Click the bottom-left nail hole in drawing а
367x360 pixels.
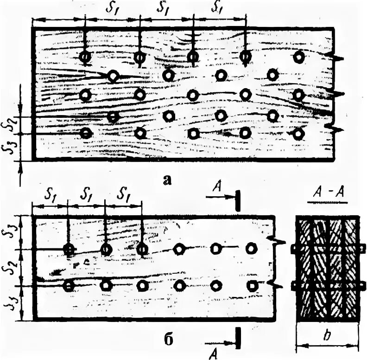point(86,133)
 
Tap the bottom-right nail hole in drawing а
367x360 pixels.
point(299,134)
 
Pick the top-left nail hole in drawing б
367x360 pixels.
point(69,250)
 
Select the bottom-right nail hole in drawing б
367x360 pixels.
point(252,285)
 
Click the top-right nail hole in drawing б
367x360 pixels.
point(252,248)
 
